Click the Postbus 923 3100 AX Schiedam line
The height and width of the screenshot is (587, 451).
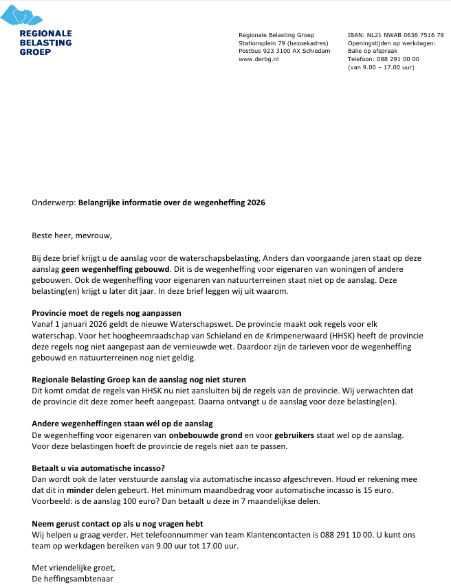[x=284, y=51]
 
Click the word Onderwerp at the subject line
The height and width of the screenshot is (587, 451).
[x=54, y=203]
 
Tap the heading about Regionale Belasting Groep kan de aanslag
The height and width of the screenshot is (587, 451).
[x=139, y=380]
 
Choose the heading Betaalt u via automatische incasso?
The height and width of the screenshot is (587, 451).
[x=98, y=468]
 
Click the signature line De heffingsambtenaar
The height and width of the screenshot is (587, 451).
[x=73, y=579]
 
